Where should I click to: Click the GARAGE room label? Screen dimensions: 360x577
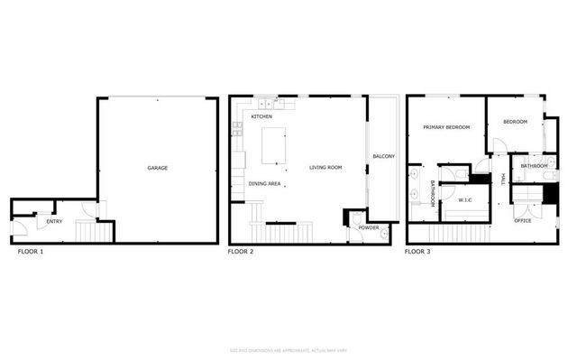158,168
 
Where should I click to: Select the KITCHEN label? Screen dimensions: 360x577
261,117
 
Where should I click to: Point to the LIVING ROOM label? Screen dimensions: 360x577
325,168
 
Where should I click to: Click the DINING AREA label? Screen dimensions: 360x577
265,184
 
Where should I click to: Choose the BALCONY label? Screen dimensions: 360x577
384,157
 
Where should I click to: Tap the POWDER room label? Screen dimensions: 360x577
368,227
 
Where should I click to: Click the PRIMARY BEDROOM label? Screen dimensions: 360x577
447,127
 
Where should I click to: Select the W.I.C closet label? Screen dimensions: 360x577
466,199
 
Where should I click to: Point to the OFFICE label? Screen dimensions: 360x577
524,221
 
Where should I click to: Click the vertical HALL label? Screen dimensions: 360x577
502,180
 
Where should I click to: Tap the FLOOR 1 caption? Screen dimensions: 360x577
31,251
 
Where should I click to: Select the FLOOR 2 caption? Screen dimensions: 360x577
241,251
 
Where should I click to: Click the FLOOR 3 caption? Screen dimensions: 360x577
417,251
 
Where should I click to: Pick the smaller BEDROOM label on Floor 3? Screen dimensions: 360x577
515,122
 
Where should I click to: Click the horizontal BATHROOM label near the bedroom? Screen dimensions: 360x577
534,166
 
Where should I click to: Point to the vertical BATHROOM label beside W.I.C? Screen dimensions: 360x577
432,194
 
